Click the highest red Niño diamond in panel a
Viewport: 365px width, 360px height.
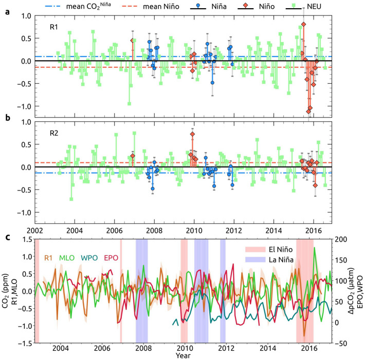304,24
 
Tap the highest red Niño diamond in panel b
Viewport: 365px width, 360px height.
192,134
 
